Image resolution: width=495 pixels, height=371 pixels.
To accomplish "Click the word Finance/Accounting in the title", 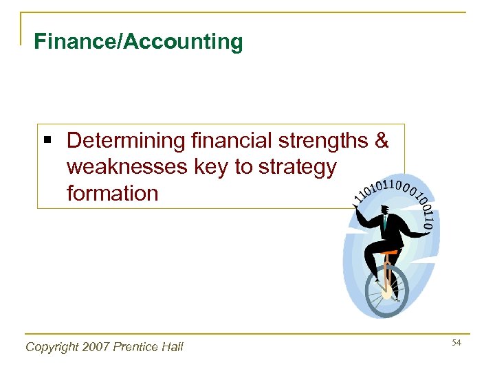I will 138,43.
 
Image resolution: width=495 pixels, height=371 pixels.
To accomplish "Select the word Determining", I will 126,141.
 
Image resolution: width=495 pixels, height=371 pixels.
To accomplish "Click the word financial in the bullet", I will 230,141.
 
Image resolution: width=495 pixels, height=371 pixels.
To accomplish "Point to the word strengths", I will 323,141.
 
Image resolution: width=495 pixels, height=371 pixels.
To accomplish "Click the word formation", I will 112,193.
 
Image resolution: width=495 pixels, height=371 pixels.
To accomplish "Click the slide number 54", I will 456,342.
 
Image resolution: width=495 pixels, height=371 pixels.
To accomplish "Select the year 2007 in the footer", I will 99,347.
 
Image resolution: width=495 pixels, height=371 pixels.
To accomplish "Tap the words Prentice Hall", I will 150,347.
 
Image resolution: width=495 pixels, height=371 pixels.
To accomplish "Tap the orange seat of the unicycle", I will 389,253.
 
